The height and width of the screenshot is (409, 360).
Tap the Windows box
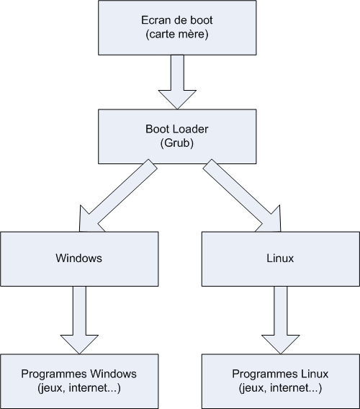pos(79,257)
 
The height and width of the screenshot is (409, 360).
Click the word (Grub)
pos(179,143)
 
